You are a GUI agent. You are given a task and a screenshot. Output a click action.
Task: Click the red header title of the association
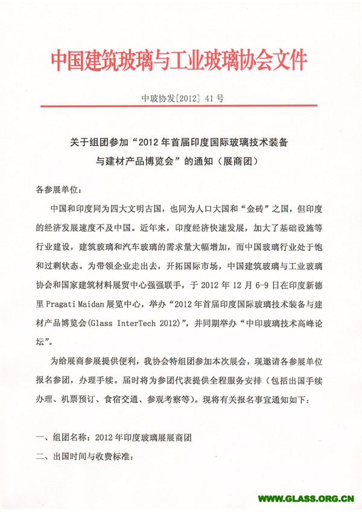click(179, 62)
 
